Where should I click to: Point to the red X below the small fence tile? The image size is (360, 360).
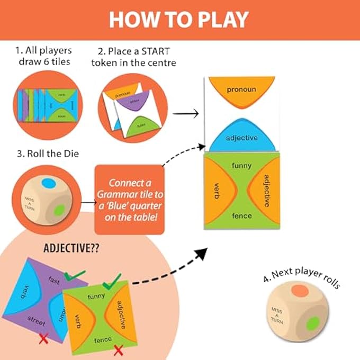coord(119,349)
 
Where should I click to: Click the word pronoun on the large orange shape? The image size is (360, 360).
coord(241,89)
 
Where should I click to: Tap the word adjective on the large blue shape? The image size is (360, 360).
coord(241,138)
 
